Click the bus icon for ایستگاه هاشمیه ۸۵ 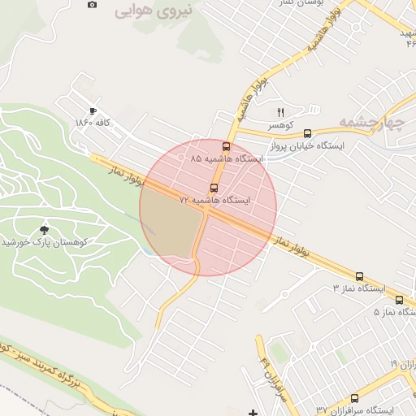click(x=226, y=147)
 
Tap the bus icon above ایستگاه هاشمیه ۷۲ click(x=214, y=187)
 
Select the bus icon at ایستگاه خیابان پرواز click(x=307, y=133)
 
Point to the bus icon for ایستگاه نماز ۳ click(x=359, y=276)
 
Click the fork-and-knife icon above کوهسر click(x=281, y=112)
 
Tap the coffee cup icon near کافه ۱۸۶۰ click(x=93, y=110)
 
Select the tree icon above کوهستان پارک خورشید click(x=43, y=229)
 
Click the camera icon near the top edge click(x=92, y=4)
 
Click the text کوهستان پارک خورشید click(x=43, y=242)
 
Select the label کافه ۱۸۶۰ click(x=92, y=123)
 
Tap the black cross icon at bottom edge click(x=253, y=412)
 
